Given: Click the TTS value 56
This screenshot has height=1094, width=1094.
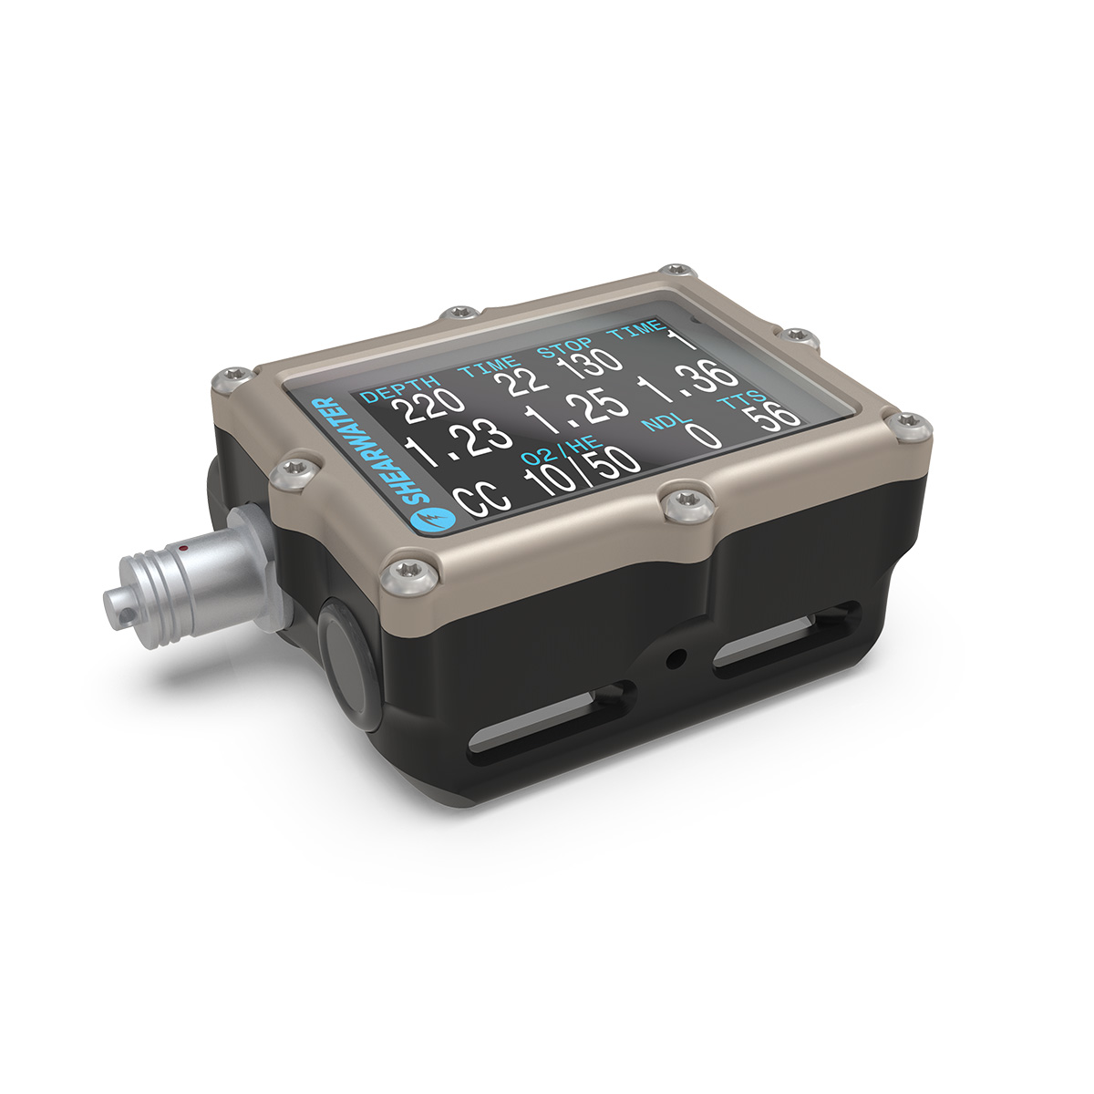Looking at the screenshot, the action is (773, 416).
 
